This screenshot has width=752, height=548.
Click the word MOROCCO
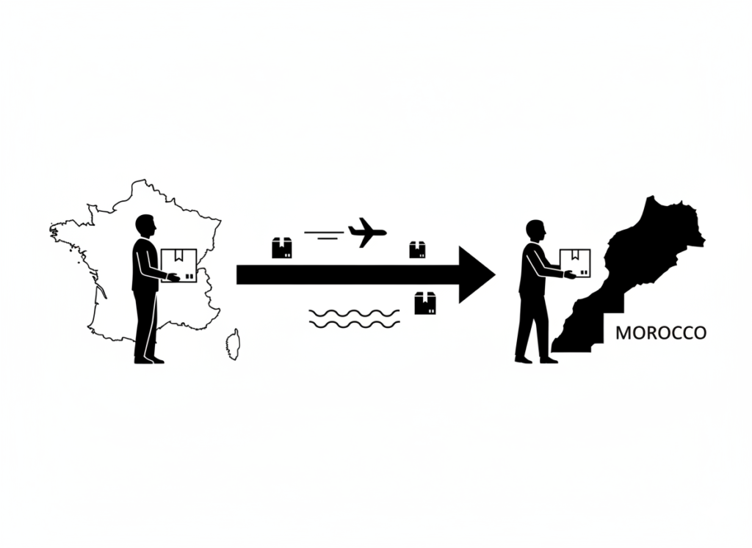coord(661,333)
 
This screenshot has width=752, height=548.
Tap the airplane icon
coord(367,233)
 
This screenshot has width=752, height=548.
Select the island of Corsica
coord(233,344)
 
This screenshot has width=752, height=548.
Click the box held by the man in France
coord(179,266)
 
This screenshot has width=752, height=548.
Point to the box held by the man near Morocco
coord(574,263)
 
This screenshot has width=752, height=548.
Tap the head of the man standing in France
coord(145,226)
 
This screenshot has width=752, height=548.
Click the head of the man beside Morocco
coord(535,231)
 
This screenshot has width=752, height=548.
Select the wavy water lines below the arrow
coord(355,318)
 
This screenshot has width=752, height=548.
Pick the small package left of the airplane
coord(282,248)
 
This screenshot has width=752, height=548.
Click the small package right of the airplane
coord(417,249)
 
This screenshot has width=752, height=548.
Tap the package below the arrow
coord(425,303)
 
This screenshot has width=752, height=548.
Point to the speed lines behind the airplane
coord(324,234)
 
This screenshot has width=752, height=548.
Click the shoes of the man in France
coord(149,359)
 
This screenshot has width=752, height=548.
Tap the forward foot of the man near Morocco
coord(549,359)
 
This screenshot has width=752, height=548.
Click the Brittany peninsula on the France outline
coord(67,229)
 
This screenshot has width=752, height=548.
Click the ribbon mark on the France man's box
coord(179,255)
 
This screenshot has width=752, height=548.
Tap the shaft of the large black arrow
coord(348,275)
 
